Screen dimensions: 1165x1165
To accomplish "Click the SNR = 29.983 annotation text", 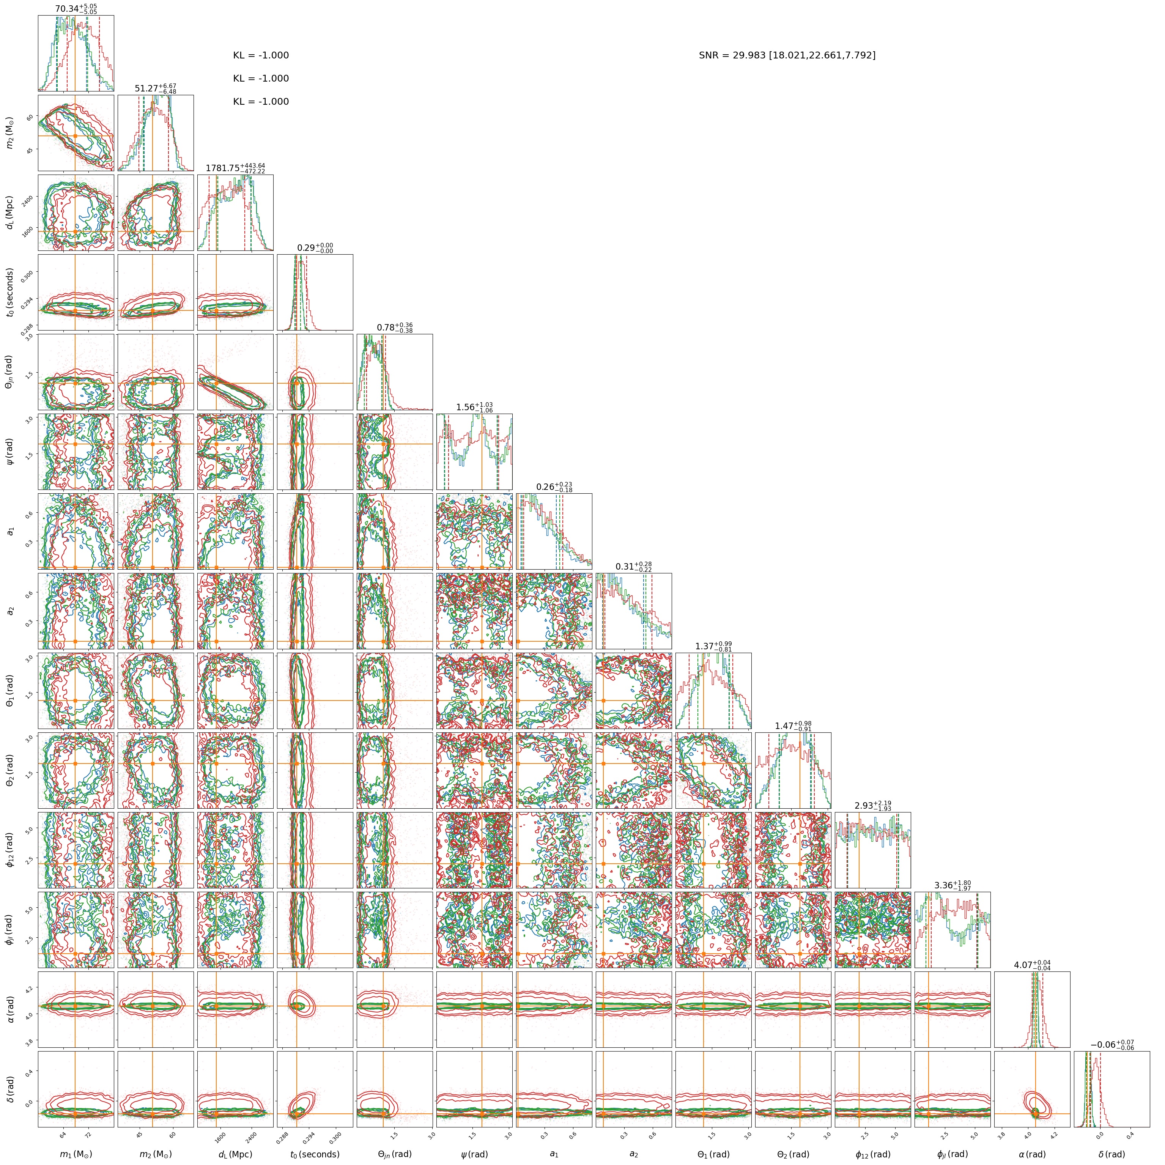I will [787, 55].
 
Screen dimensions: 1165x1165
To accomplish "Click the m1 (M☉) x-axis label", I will [76, 1154].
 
